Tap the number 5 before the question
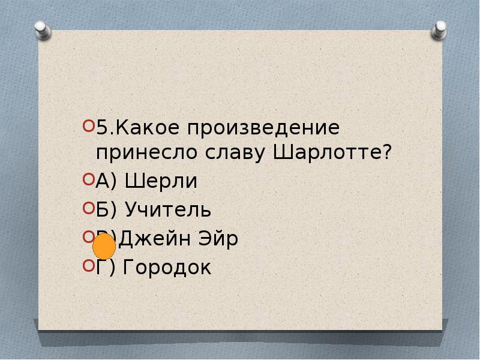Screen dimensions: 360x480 (101, 127)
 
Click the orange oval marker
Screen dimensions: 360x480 (104, 246)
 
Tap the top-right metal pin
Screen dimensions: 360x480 (440, 28)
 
